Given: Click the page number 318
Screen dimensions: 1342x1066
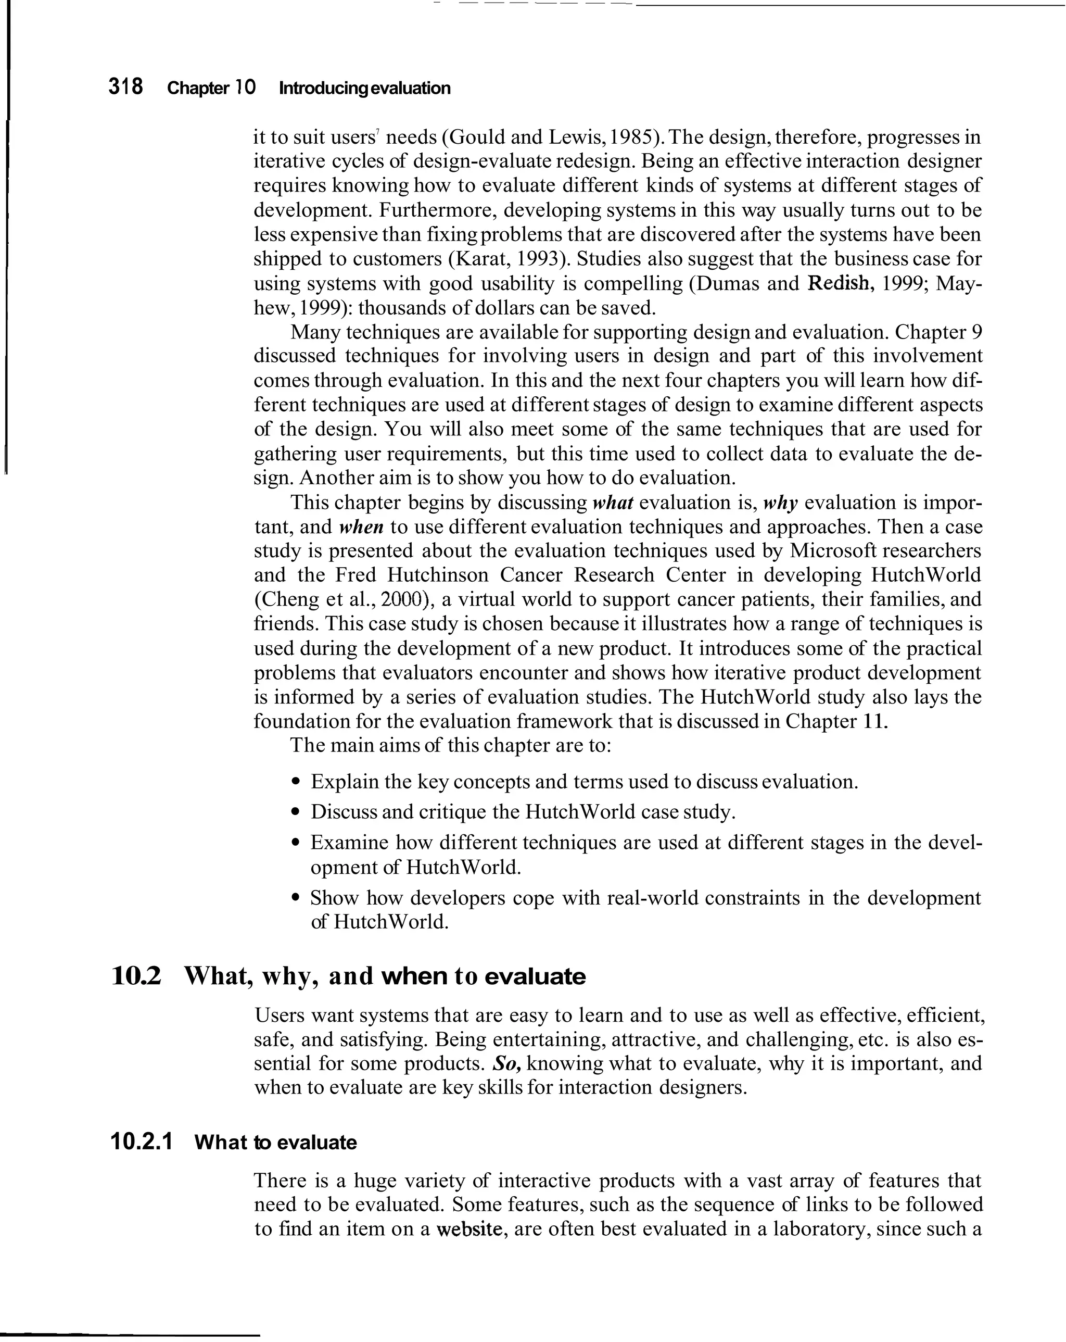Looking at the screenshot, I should click(x=125, y=86).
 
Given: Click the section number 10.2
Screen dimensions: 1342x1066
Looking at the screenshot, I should click(x=136, y=975).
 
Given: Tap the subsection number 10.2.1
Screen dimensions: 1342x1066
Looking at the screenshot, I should click(x=141, y=1142).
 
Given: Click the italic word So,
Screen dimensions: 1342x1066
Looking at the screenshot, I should click(x=506, y=1063).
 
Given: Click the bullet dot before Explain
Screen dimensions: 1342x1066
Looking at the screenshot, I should click(x=296, y=782).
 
